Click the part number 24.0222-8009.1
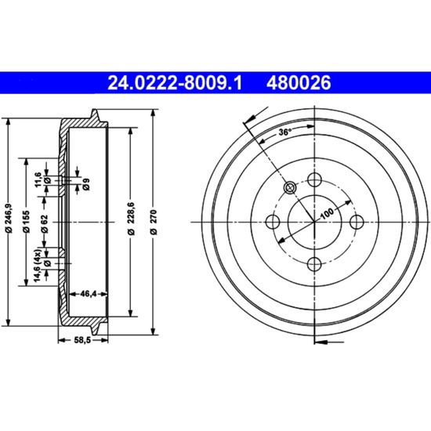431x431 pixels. [175, 83]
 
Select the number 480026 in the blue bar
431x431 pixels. [299, 83]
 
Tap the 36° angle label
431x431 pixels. [285, 132]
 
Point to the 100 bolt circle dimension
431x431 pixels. [327, 212]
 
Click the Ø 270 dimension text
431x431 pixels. [154, 222]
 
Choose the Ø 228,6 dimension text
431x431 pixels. [132, 219]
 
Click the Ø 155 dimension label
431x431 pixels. [27, 222]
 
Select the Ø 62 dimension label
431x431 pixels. [45, 224]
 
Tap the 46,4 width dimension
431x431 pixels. [89, 294]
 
